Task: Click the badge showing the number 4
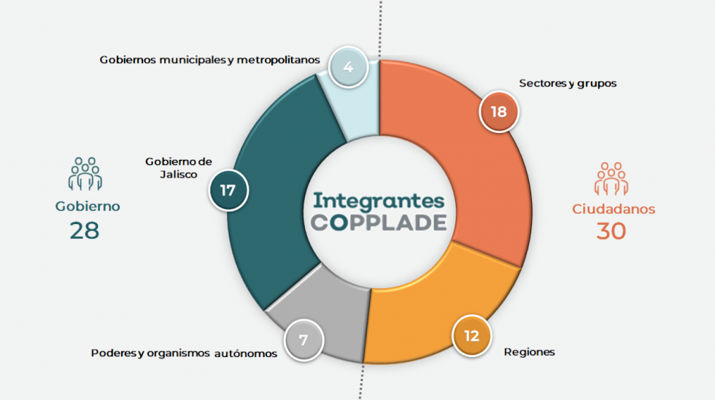(348, 67)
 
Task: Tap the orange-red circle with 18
(499, 111)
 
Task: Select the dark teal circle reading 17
(228, 191)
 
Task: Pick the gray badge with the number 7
(304, 340)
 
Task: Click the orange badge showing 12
(471, 336)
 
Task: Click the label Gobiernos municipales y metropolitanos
(210, 60)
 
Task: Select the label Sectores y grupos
(568, 83)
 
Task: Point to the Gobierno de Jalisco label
(179, 168)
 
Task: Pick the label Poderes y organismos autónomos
(184, 353)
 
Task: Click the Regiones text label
(530, 352)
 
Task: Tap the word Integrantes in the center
(379, 201)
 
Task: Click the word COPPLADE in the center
(379, 223)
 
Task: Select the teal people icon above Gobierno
(85, 174)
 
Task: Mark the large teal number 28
(85, 231)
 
